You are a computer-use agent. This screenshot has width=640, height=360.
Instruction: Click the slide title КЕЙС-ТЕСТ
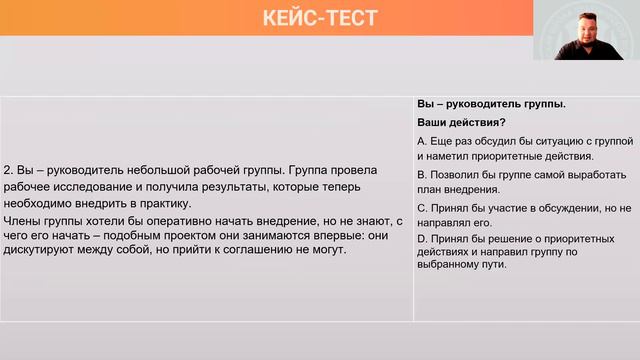320,18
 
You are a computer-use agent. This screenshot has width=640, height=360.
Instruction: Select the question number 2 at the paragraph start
8,170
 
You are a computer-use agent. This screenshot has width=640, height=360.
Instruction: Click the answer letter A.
421,141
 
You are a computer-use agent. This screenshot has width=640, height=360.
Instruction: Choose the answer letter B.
421,174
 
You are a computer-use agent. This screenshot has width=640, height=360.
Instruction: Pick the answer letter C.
421,207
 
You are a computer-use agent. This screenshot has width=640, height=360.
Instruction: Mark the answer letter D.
421,239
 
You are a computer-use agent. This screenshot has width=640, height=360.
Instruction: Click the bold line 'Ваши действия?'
454,122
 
